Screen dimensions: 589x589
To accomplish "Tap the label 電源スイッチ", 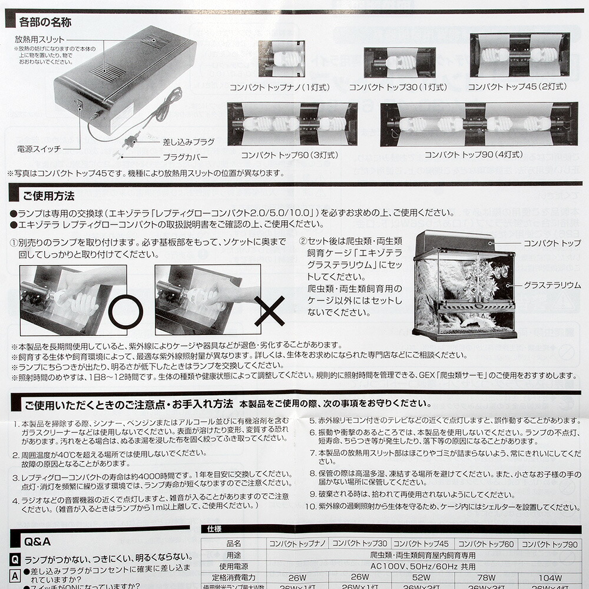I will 38,149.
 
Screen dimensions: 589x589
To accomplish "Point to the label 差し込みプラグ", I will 188,143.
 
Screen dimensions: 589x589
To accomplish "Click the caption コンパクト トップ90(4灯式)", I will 474,155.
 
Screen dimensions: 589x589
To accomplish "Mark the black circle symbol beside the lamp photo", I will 125,311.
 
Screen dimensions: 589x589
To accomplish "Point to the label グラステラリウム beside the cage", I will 552,285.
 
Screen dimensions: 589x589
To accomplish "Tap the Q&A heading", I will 37,541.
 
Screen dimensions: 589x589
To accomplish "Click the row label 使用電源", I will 233,566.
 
